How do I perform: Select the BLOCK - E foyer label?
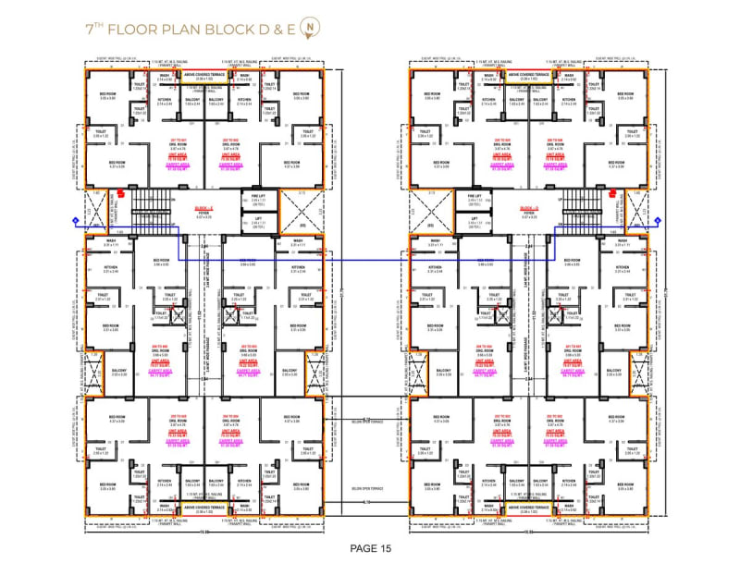pos(204,211)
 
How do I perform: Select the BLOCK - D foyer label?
pos(529,211)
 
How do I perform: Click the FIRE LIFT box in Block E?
pos(258,199)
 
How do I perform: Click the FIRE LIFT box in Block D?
pos(475,199)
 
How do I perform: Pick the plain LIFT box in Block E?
pos(258,222)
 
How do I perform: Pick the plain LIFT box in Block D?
pos(475,222)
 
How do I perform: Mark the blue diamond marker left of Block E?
pos(75,220)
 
